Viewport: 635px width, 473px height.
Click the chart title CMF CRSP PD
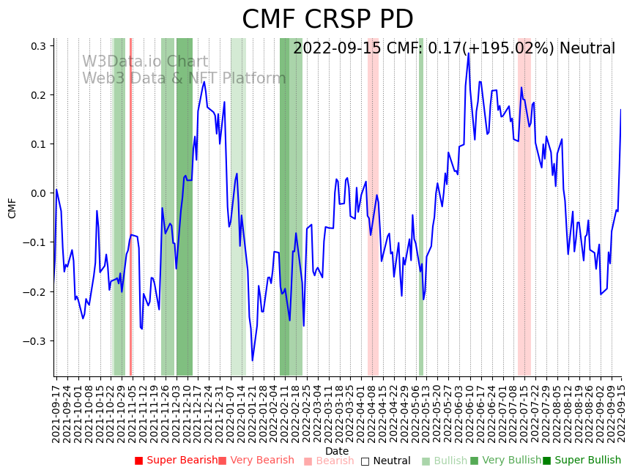coord(327,20)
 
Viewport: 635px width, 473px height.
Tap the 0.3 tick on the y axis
coord(37,46)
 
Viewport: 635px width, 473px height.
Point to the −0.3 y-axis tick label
coord(34,341)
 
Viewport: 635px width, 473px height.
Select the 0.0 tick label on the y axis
coord(37,193)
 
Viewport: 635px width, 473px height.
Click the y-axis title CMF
coord(12,208)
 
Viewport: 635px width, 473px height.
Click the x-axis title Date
coord(337,451)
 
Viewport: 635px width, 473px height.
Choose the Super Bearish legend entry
coord(177,461)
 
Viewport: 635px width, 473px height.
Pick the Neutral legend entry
coord(386,461)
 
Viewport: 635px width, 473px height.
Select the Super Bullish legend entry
coord(582,461)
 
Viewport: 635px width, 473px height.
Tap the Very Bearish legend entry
coord(256,461)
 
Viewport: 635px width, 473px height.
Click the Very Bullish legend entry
coord(506,461)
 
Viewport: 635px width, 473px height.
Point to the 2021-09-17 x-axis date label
coord(56,410)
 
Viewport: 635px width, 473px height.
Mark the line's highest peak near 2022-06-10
coord(469,53)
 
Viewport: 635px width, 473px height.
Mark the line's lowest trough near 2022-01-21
coord(252,360)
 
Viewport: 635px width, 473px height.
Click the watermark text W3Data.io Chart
coord(145,62)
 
